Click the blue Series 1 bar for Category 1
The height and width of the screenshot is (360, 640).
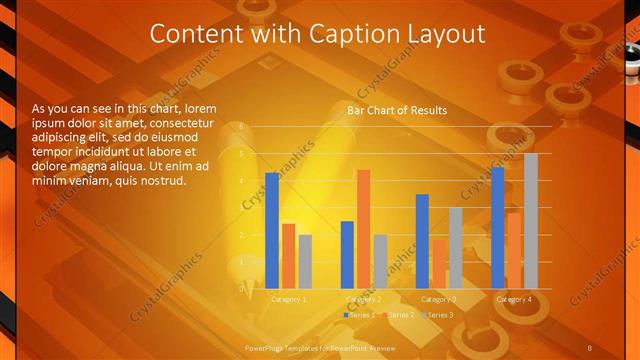(x=272, y=231)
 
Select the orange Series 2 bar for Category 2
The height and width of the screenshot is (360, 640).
(x=363, y=229)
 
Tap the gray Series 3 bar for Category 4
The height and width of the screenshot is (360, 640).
(x=531, y=221)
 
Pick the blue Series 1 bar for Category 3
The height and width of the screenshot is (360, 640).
(x=422, y=241)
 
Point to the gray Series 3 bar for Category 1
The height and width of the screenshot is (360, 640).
(x=305, y=262)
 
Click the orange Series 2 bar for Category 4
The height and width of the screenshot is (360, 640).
(x=514, y=251)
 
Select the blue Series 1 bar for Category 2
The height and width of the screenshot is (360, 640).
(x=347, y=255)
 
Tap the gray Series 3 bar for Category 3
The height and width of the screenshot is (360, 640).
(x=455, y=248)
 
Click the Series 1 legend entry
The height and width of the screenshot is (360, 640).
(x=360, y=315)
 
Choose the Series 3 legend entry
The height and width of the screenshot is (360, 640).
(x=437, y=315)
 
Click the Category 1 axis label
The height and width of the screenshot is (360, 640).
(x=289, y=299)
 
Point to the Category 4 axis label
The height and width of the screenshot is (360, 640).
(x=513, y=299)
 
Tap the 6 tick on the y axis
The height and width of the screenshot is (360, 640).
(x=241, y=127)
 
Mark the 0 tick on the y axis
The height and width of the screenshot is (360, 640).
(x=241, y=288)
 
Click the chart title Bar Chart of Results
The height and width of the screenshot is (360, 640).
(x=397, y=110)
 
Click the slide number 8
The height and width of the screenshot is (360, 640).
(x=590, y=346)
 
